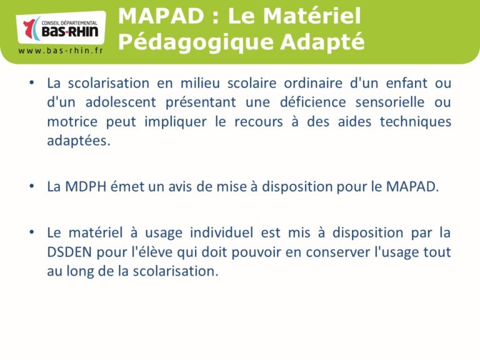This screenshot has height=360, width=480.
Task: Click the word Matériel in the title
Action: coord(312,16)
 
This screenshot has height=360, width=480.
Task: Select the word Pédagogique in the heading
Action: coord(196,42)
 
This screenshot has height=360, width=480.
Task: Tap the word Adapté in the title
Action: coord(322,42)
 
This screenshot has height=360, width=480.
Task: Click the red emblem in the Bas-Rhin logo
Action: coord(29,29)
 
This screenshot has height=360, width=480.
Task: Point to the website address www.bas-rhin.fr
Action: coord(61,51)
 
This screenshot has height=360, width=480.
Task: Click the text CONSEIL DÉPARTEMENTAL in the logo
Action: coord(69,23)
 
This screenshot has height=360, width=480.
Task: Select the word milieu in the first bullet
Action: coord(200,83)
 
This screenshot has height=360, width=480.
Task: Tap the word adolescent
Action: coord(121,102)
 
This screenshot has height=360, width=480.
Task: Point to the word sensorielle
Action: coord(390,102)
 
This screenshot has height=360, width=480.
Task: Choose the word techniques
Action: coord(416,122)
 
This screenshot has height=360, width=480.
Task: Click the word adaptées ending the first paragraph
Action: coord(79,141)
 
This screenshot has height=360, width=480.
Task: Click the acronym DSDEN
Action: coord(69,252)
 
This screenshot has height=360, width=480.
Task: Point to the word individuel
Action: coord(221,232)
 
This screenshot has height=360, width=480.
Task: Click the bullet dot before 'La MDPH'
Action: coord(31,186)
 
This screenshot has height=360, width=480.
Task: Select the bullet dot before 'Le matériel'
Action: coord(31,232)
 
